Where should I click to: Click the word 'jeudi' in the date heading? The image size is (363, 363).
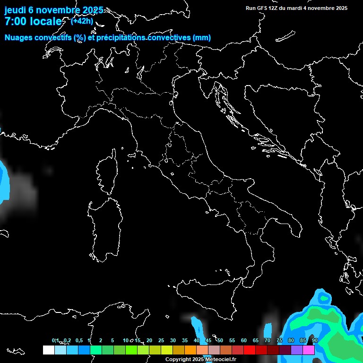(16, 10)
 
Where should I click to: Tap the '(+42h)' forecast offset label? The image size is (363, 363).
(82, 21)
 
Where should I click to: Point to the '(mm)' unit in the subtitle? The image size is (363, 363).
(201, 38)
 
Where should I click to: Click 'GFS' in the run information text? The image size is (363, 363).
(262, 8)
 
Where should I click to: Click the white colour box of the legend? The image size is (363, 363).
(48, 350)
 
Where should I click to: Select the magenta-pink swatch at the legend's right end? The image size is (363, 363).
(309, 350)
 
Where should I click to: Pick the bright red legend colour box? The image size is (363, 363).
(250, 350)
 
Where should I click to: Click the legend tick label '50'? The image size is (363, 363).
(220, 341)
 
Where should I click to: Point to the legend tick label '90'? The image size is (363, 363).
(315, 341)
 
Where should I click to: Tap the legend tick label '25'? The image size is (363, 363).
(161, 341)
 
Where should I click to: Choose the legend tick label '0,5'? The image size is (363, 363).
(78, 341)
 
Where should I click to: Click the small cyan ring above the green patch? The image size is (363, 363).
(324, 298)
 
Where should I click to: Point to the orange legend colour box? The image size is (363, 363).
(190, 350)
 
